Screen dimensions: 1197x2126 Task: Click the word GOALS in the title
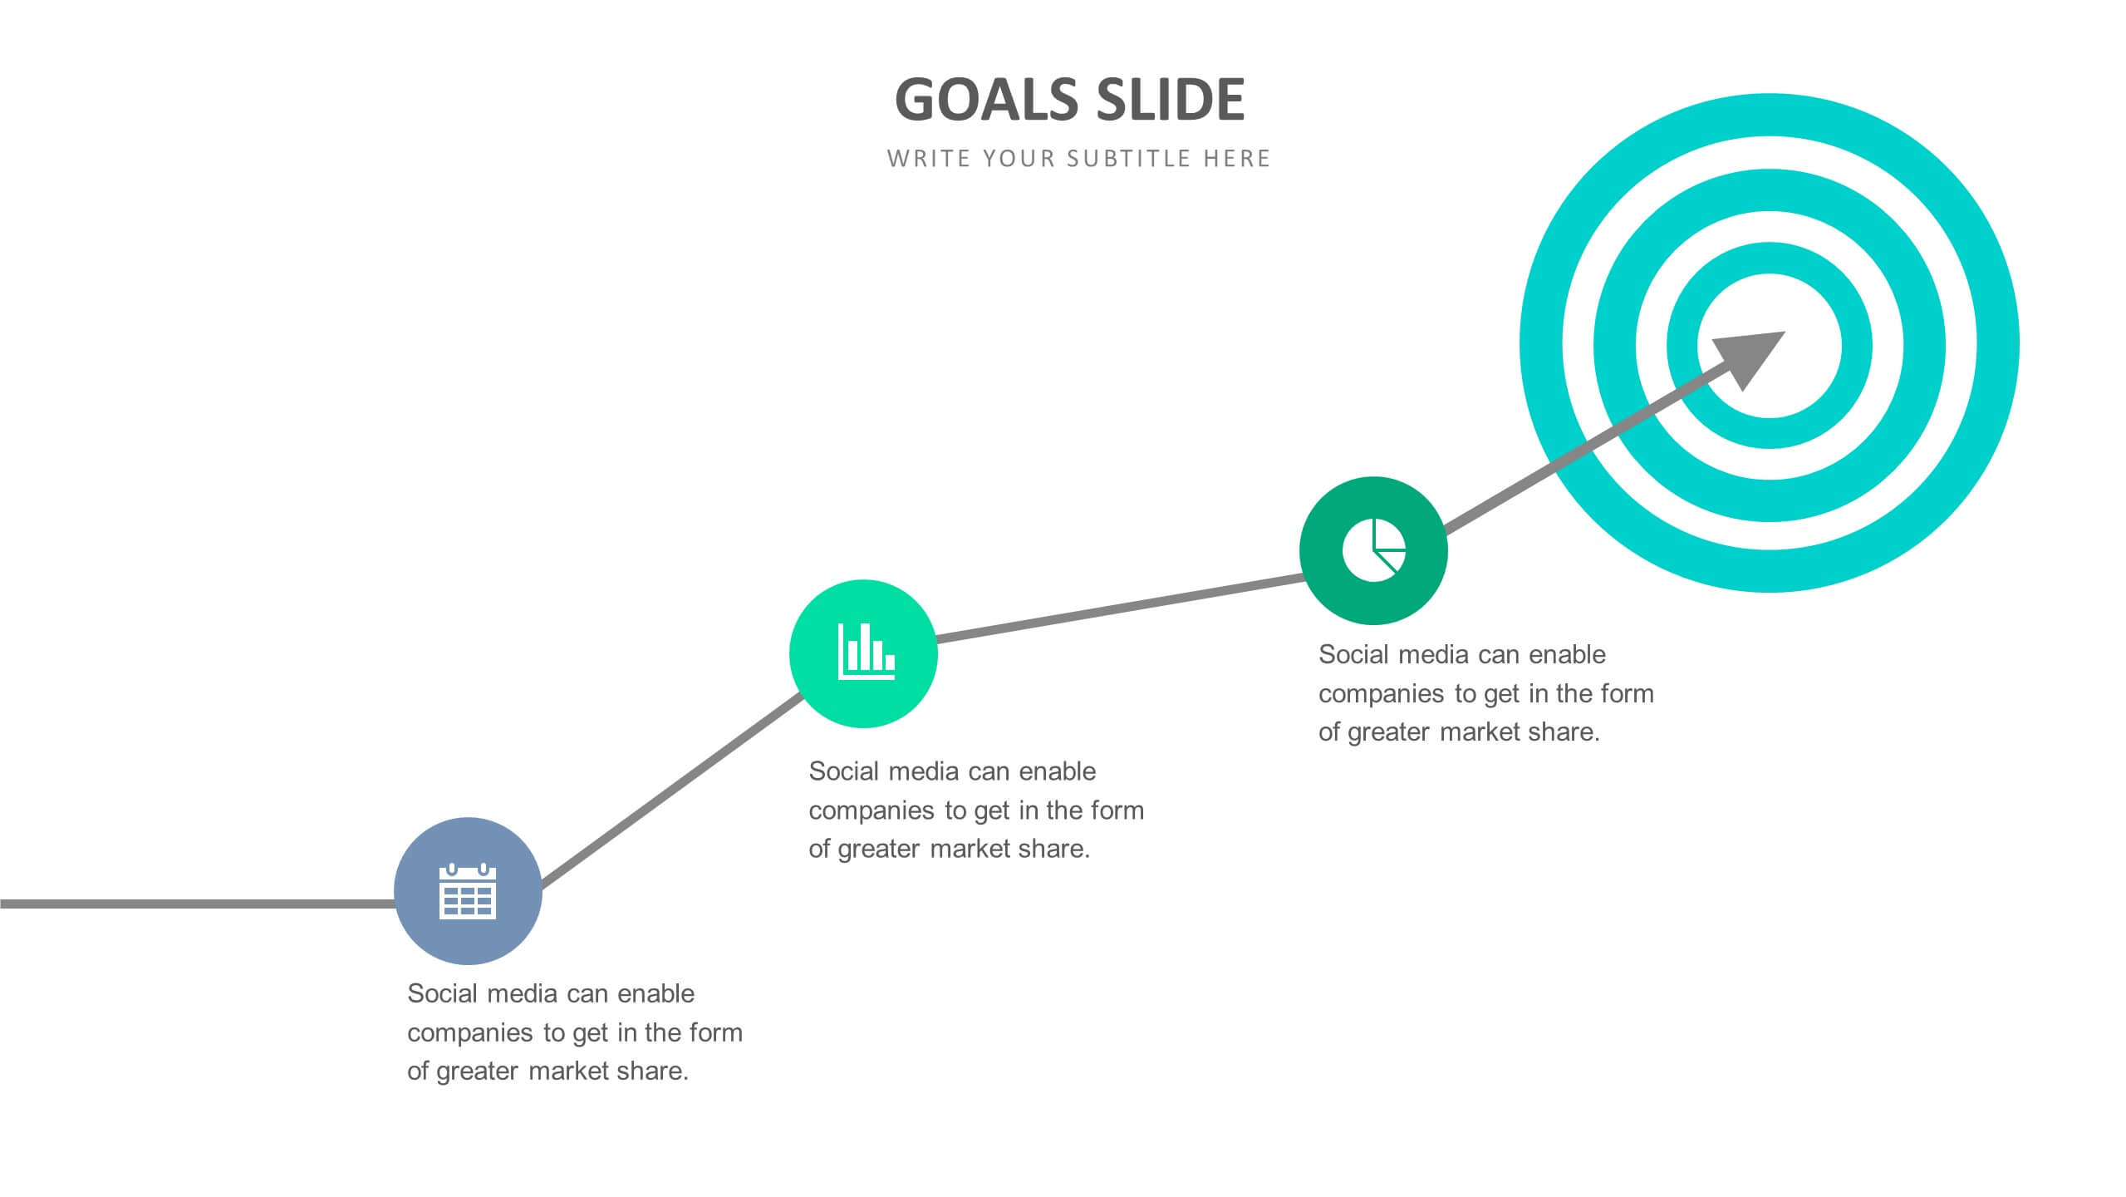(x=986, y=101)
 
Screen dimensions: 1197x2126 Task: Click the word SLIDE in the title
(x=1171, y=101)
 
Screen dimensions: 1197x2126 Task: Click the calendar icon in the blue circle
(x=468, y=891)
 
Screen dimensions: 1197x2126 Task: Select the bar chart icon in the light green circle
(x=866, y=653)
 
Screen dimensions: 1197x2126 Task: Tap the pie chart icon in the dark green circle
(x=1373, y=550)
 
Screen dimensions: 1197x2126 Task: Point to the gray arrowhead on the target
(x=1750, y=356)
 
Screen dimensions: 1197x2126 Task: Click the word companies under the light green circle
(x=872, y=810)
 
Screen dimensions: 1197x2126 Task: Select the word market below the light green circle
(x=979, y=850)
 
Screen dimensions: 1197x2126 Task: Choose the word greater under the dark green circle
(x=1388, y=733)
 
